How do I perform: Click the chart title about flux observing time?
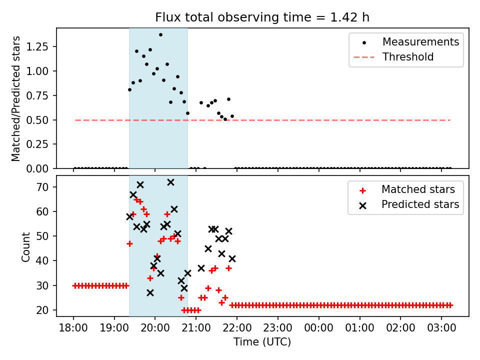click(262, 17)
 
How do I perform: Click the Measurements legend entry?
click(420, 42)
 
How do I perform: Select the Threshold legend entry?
click(408, 57)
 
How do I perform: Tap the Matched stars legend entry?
click(418, 189)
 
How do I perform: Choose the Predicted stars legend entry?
click(420, 204)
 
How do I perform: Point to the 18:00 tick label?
click(74, 328)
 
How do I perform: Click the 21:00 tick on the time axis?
click(196, 328)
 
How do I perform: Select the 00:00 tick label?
click(318, 328)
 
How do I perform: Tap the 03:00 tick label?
click(441, 328)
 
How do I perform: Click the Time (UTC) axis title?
click(262, 342)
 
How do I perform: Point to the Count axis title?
click(26, 246)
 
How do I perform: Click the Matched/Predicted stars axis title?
click(16, 98)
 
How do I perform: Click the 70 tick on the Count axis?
click(45, 187)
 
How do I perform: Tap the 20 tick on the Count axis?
click(45, 310)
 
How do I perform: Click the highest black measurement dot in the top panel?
click(160, 35)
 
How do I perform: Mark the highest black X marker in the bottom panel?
click(170, 182)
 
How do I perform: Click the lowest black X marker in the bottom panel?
click(150, 292)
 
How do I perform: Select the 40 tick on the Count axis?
click(45, 261)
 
